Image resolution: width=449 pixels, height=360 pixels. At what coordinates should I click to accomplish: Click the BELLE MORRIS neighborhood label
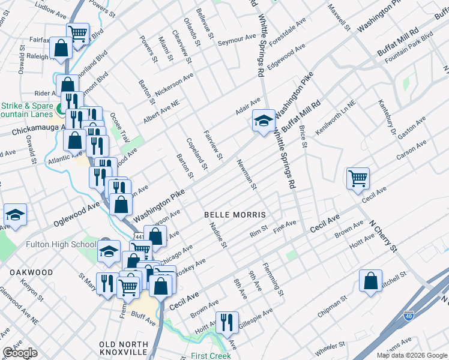click(235, 214)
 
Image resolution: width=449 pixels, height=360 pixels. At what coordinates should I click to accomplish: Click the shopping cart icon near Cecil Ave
click(357, 178)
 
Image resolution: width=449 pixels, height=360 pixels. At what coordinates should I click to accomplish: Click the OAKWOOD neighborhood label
click(31, 272)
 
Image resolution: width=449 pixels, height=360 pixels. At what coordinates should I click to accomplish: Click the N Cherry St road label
click(383, 235)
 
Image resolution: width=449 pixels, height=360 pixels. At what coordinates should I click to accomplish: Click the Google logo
click(20, 353)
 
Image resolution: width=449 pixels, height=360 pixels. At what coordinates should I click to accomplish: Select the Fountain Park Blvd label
click(409, 45)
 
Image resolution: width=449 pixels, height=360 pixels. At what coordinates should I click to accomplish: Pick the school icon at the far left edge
click(14, 216)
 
